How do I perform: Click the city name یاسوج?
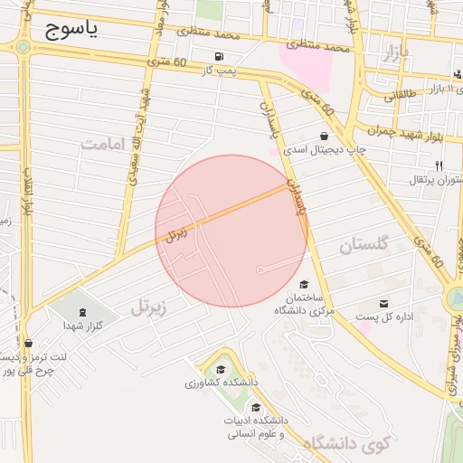point(71,29)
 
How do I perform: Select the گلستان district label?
point(364,244)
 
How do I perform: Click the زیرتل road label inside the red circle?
point(178,233)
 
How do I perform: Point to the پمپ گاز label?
point(219,70)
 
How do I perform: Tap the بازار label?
point(396,53)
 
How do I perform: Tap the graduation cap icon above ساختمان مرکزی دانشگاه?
point(303,285)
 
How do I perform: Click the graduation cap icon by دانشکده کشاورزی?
point(220,369)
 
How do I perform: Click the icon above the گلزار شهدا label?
point(83,311)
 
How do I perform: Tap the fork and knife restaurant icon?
point(439,165)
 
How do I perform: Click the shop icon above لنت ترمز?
point(30,343)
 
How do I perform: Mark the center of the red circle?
point(232,231)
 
